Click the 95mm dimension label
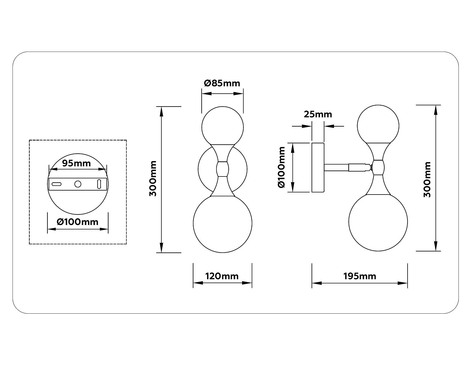click(76, 163)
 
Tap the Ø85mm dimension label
click(222, 83)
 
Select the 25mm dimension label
click(318, 114)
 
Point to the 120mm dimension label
click(222, 276)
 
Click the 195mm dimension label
click(360, 276)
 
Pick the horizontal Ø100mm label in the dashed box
click(78, 222)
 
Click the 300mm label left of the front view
click(153, 179)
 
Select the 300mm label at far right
click(427, 179)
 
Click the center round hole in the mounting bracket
click(78, 184)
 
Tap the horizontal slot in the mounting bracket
click(57, 184)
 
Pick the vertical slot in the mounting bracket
click(99, 184)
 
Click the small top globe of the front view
click(222, 126)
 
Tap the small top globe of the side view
click(378, 125)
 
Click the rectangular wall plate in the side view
click(318, 167)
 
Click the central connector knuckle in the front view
click(222, 169)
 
